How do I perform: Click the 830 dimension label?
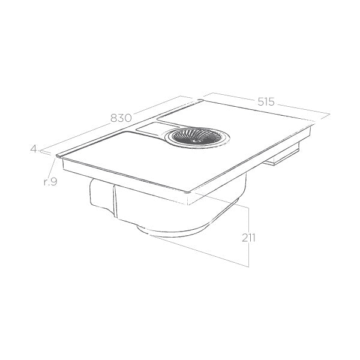[x=121, y=118]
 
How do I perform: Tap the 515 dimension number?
[x=266, y=102]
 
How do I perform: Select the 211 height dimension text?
[x=248, y=238]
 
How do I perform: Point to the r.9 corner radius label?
[x=50, y=182]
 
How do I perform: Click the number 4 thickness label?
[x=33, y=149]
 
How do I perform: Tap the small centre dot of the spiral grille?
[x=196, y=142]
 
